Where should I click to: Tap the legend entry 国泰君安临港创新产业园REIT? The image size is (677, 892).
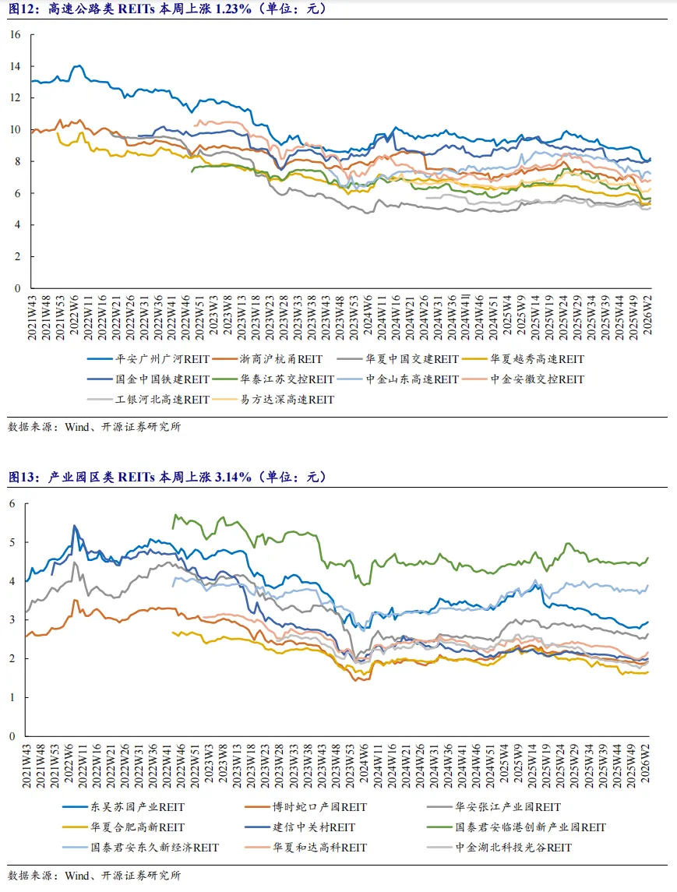tap(530, 827)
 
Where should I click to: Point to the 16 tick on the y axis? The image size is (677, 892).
tap(15, 35)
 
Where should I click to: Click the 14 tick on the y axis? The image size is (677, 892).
tap(15, 67)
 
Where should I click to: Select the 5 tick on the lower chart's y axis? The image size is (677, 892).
tap(12, 542)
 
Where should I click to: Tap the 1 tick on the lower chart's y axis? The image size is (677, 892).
tap(12, 697)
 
